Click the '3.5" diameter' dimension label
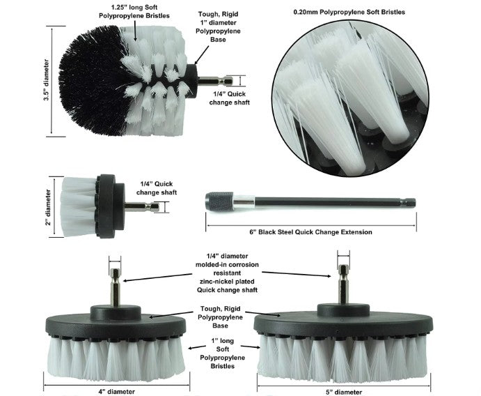(x=47, y=81)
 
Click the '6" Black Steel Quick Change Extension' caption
(x=311, y=231)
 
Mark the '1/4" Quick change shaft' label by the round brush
(x=229, y=97)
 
